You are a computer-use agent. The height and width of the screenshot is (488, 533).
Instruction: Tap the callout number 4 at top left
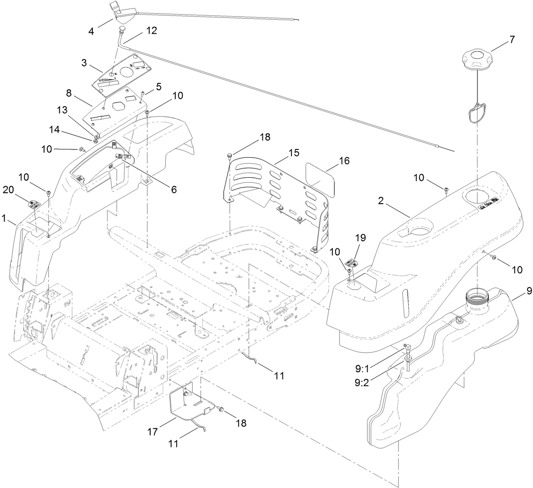point(91,32)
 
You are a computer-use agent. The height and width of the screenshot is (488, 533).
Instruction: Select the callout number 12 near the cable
point(151,31)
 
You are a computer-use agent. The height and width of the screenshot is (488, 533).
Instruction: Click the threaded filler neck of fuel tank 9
point(477,301)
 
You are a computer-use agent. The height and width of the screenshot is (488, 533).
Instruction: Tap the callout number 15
point(294,153)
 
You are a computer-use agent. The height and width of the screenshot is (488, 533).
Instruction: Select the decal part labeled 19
point(353,263)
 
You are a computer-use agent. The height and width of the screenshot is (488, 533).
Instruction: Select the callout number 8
point(69,92)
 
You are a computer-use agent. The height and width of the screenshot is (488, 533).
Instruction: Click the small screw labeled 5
point(143,94)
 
